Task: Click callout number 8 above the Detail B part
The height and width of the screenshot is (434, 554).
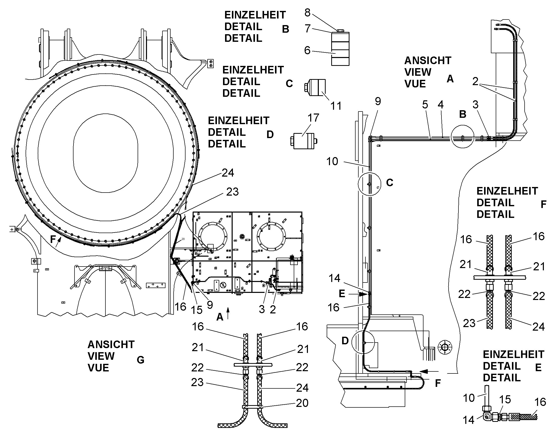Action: [x=307, y=12]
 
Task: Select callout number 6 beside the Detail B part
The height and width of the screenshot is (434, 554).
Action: [x=307, y=50]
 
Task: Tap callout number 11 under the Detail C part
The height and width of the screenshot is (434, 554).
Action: [x=336, y=106]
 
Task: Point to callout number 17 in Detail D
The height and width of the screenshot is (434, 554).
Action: [x=313, y=118]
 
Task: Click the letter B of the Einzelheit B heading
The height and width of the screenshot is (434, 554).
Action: [x=286, y=29]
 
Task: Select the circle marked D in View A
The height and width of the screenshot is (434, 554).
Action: [x=363, y=343]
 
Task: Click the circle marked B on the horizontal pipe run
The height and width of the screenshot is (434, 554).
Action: [x=463, y=137]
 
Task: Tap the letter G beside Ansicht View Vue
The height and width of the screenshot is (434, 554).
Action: [x=141, y=360]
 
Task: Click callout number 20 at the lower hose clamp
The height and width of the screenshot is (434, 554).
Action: [x=302, y=403]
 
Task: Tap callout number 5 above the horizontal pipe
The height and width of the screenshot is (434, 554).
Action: [x=425, y=105]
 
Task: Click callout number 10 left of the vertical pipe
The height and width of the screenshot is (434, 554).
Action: [x=332, y=161]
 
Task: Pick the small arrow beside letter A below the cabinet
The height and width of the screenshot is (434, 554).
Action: [x=228, y=313]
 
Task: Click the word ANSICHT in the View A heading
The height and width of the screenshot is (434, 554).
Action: [x=428, y=61]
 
